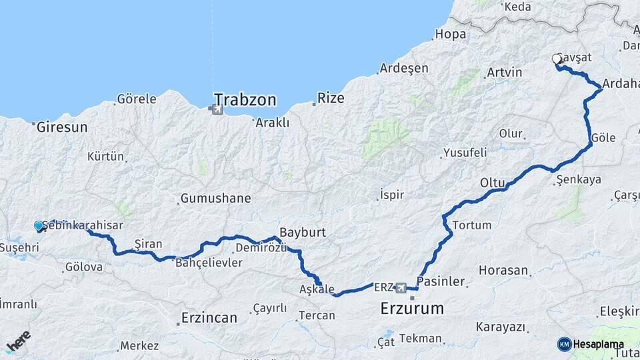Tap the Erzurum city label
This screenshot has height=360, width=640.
point(412,309)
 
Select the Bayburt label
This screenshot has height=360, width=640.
point(303,233)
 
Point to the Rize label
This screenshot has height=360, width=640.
point(331,98)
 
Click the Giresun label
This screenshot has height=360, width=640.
point(63,127)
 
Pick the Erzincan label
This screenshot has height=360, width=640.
point(209,318)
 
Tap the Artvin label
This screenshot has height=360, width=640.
point(503,72)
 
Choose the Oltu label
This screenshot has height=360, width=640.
point(493,182)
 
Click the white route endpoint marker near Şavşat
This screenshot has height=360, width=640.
point(557,59)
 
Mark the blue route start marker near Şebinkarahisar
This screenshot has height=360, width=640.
point(39,226)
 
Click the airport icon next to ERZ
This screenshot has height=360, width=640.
point(401,288)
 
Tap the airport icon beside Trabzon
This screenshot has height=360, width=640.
point(218,108)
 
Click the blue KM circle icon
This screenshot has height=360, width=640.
point(564,344)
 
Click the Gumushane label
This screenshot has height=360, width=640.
point(215,199)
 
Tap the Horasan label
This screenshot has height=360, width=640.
point(503,271)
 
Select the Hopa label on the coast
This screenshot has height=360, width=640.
point(449,34)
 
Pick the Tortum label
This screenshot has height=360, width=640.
point(472,225)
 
